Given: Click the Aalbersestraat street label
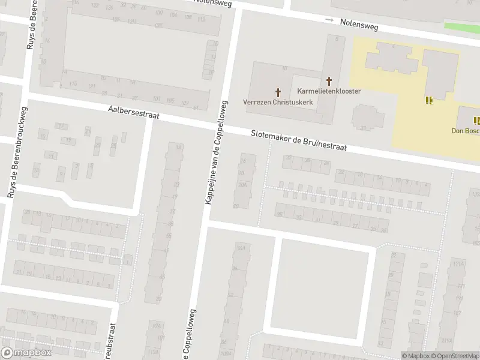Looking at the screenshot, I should click(133, 113).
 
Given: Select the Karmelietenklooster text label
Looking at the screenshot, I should click(329, 91).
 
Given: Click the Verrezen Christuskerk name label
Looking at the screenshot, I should click(278, 102).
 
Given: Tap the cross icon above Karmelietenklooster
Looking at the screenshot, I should click(329, 80).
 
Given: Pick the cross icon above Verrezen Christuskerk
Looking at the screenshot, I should click(278, 92).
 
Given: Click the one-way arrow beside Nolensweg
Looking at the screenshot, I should click(329, 20).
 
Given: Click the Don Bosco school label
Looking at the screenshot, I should click(466, 131).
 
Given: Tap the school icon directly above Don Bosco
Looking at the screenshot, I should click(476, 121).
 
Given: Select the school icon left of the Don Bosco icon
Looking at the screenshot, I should click(429, 100).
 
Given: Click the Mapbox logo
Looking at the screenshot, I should click(26, 353).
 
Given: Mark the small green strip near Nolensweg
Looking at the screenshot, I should click(461, 27).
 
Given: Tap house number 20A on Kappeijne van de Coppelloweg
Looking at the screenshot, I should click(242, 185).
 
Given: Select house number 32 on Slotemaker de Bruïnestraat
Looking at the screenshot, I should click(289, 158).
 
